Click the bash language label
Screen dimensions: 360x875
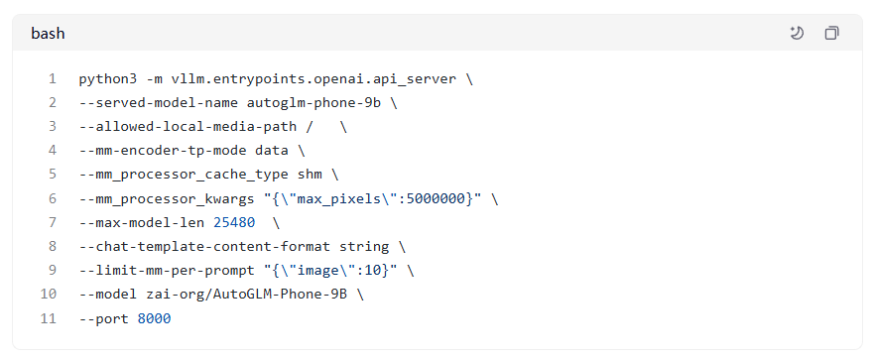(48, 34)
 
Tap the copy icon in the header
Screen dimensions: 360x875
(831, 34)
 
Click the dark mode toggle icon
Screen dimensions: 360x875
(797, 34)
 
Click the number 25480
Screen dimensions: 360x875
(233, 222)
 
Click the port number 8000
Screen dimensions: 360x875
(154, 318)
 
